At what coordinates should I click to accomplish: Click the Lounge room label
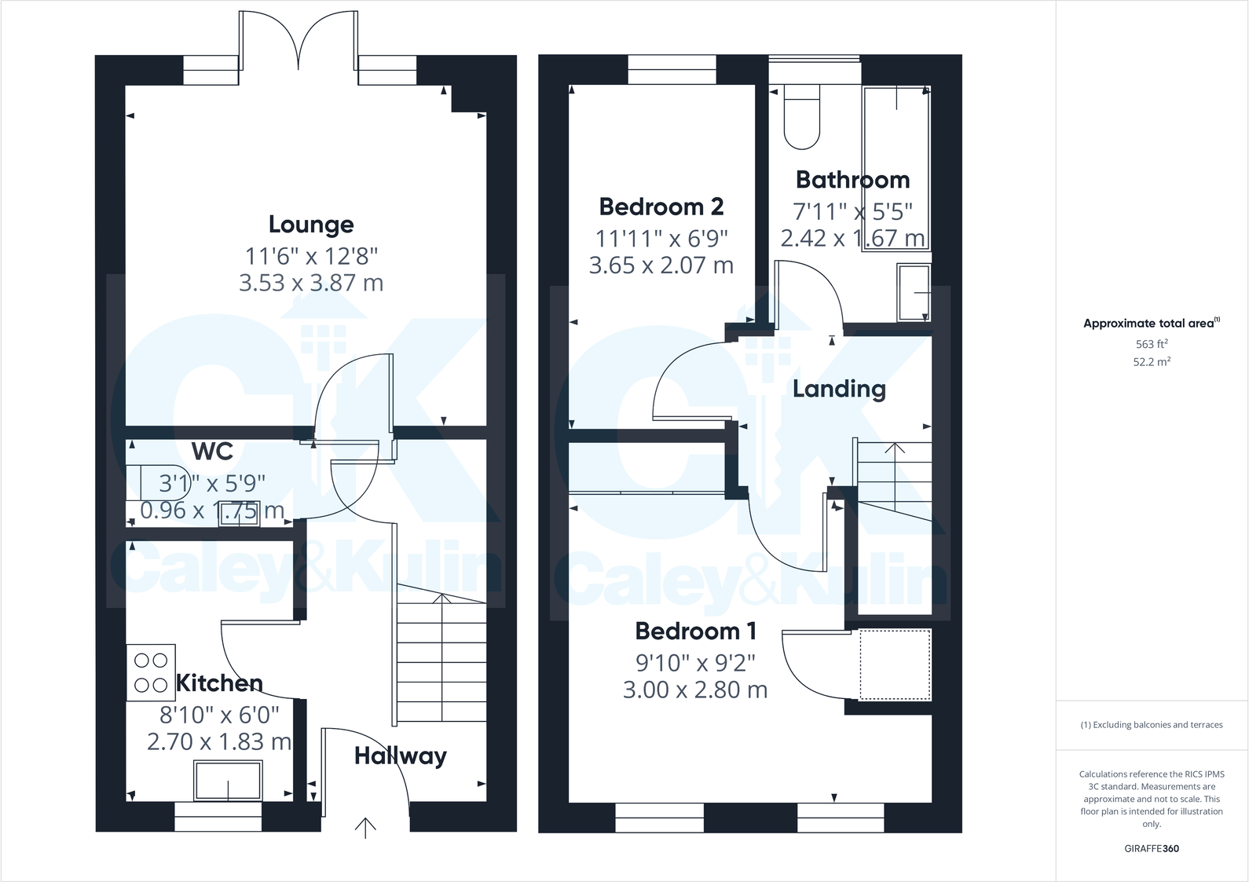pos(311,225)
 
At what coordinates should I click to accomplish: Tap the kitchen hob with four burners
pos(151,672)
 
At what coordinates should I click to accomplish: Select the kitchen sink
pos(228,780)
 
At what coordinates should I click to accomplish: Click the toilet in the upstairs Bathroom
pos(802,117)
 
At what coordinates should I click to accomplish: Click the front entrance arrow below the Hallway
pos(365,827)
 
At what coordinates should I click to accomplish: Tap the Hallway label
pos(400,756)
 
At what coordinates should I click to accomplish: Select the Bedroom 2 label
pos(661,207)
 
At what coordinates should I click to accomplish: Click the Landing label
pos(838,389)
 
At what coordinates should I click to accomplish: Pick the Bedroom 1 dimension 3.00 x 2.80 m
pos(694,690)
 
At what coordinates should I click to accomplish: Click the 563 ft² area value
pos(1151,344)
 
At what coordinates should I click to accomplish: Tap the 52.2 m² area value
pos(1151,362)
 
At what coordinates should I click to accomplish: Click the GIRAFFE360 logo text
pos(1151,848)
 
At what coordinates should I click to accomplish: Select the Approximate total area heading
pos(1151,323)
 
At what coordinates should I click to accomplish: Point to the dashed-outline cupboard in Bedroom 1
pos(895,664)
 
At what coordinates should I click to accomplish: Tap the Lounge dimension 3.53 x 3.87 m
pos(311,283)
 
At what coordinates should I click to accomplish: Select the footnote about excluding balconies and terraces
pos(1151,725)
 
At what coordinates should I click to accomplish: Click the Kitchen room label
pos(219,683)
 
